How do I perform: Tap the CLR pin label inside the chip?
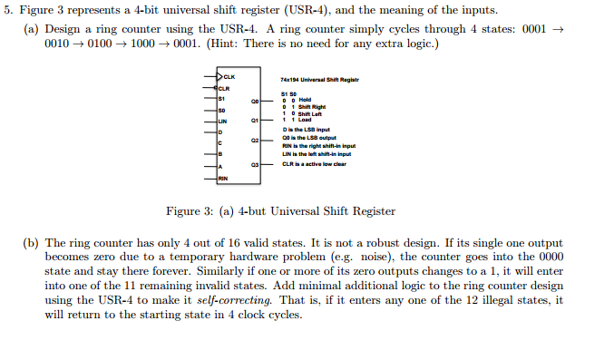[x=222, y=88]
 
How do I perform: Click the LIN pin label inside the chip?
[x=222, y=121]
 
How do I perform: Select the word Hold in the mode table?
[x=305, y=100]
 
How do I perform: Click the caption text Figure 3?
[x=188, y=211]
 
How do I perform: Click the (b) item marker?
[x=31, y=244]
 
